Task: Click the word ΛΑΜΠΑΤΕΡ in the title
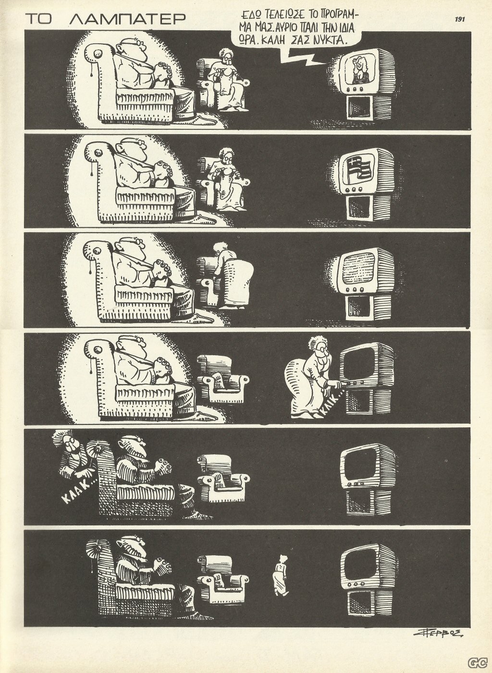(x=127, y=19)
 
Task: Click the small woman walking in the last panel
(x=281, y=571)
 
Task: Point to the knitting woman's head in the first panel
(x=226, y=56)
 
